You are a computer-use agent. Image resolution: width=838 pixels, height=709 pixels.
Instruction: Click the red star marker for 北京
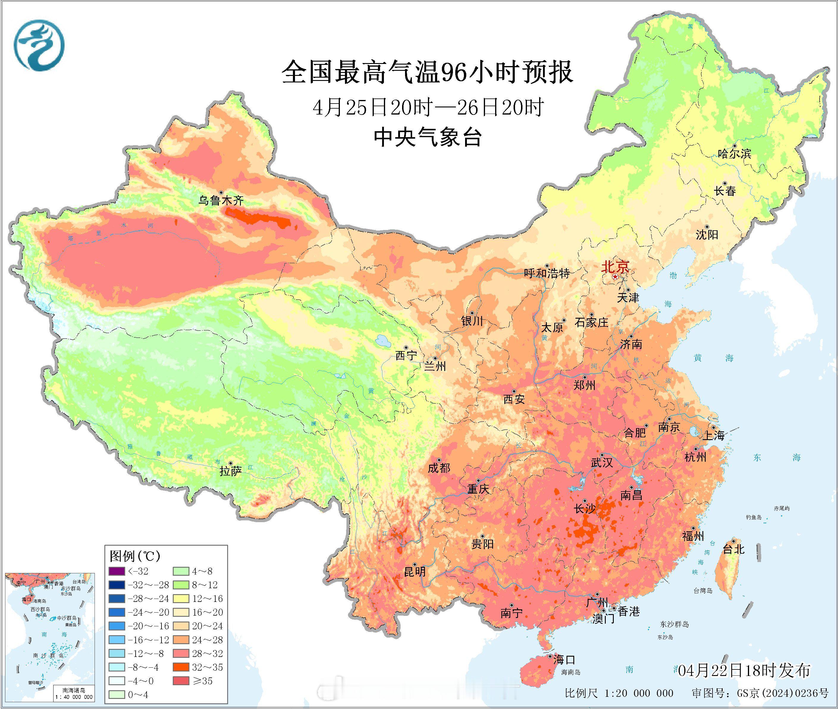tap(615, 277)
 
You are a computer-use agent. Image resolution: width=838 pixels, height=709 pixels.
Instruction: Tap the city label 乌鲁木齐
tap(221, 200)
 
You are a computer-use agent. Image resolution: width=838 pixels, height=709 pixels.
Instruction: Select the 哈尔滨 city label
tap(734, 154)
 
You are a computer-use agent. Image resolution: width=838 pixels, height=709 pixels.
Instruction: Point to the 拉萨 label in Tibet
tap(230, 471)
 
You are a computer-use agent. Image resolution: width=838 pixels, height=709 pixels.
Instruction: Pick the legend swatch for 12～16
tap(181, 599)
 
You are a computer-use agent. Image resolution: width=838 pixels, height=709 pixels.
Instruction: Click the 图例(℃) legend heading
tap(135, 556)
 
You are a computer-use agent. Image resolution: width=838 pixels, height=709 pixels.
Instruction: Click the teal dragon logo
tap(39, 45)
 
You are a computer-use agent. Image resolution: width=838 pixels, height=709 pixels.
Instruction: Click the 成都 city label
tap(439, 468)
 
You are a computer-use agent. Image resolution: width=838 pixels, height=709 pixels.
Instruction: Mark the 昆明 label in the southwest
tap(415, 571)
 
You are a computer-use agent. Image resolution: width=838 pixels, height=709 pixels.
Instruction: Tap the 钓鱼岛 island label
tap(754, 517)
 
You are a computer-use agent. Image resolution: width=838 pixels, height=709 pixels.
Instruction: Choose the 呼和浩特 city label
tap(547, 273)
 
